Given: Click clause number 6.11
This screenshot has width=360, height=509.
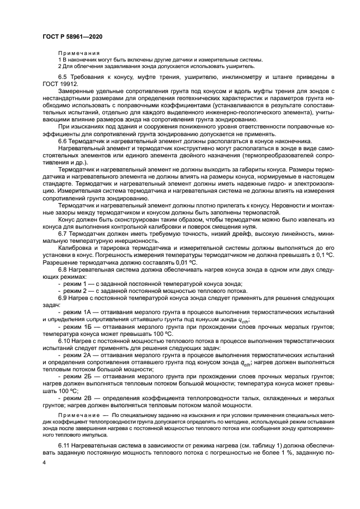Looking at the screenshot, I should coord(65,446).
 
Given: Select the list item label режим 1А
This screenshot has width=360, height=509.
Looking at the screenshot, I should coord(75,312).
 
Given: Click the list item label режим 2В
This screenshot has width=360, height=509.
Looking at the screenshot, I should coord(75,397).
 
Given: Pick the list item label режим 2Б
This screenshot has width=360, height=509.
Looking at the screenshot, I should coord(75,376).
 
